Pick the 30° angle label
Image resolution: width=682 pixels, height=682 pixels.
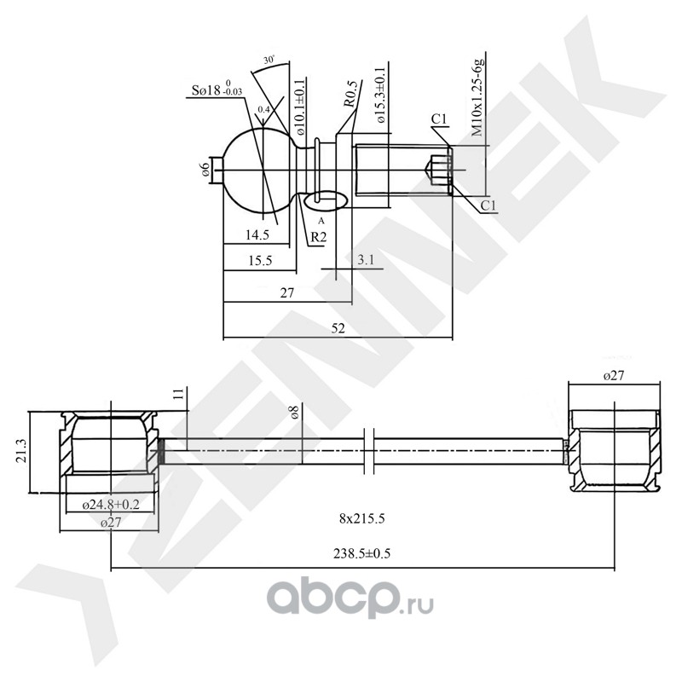(x=269, y=61)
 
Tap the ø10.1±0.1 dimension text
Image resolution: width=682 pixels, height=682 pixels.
(x=300, y=107)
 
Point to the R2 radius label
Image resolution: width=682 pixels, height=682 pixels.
(x=317, y=237)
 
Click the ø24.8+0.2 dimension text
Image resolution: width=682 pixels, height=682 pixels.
(x=111, y=506)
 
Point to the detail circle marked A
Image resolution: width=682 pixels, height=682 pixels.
(x=324, y=200)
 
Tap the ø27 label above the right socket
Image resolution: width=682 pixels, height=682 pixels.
(x=616, y=376)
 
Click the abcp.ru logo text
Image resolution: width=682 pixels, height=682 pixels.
(x=350, y=601)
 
